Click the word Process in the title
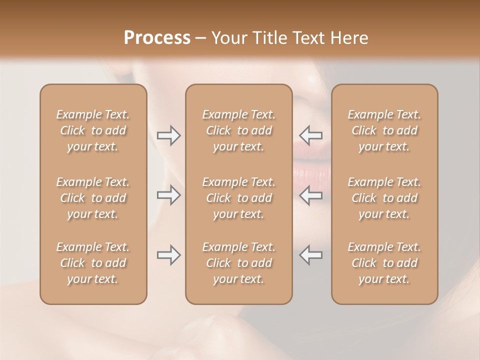(x=157, y=38)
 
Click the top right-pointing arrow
(x=168, y=135)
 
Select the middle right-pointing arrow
(x=168, y=195)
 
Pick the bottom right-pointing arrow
(x=168, y=255)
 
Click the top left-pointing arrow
(x=310, y=135)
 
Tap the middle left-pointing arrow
(x=310, y=195)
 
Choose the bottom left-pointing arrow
(x=310, y=255)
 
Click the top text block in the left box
(x=93, y=130)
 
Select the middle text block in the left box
(x=93, y=198)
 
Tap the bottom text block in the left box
(x=93, y=263)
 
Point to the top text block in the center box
(x=239, y=130)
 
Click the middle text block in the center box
(x=239, y=198)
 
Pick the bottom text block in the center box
(x=239, y=263)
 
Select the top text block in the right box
(x=384, y=130)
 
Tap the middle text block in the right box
(x=384, y=198)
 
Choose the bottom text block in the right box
(x=384, y=263)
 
